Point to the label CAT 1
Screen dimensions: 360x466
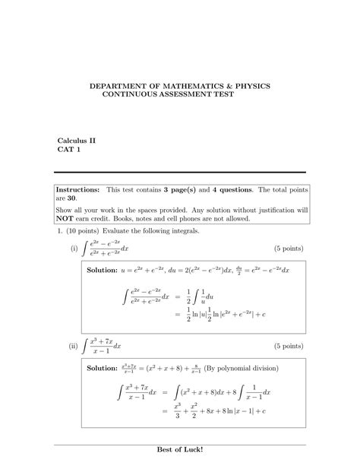(69, 150)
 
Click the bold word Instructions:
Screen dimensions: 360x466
(78, 189)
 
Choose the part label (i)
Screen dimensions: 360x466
(74, 249)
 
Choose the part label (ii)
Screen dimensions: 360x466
(74, 347)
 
